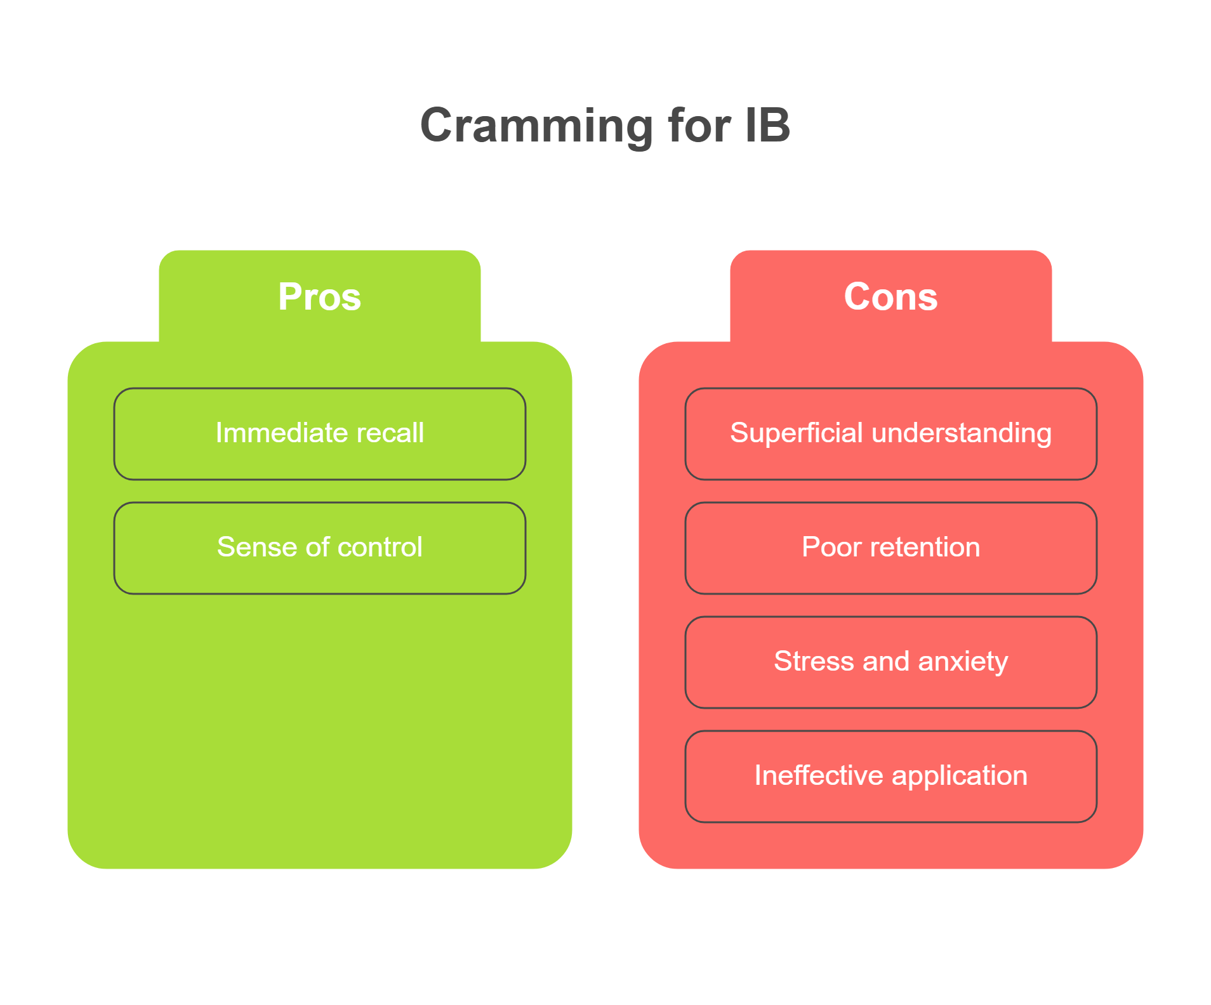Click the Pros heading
click(x=319, y=296)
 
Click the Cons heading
click(x=890, y=296)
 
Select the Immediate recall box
click(x=320, y=434)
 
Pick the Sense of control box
click(x=320, y=548)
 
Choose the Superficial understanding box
click(x=891, y=434)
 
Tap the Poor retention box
click(x=891, y=548)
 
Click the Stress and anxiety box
click(x=891, y=662)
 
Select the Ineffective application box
click(x=891, y=777)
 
